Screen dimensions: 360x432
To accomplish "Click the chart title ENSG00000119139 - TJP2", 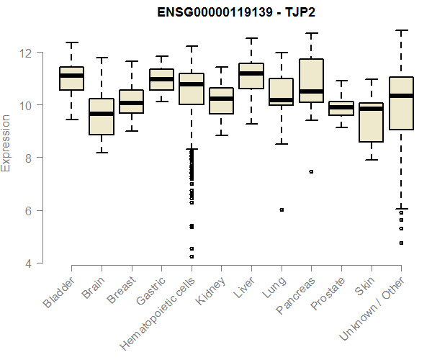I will tap(237, 13).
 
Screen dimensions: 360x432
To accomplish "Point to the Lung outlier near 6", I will tap(281, 210).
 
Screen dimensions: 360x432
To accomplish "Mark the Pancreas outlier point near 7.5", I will tap(311, 171).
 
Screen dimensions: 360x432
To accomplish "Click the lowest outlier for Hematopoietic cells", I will tap(191, 256).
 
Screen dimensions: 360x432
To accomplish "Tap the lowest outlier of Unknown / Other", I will tap(401, 243).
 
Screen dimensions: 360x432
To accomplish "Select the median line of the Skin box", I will tap(371, 109).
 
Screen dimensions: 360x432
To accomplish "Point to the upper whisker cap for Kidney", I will tap(221, 67).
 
